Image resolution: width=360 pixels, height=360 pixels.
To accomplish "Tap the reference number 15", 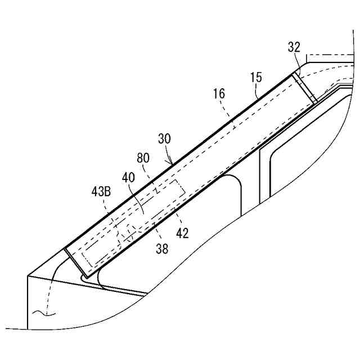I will [256, 78].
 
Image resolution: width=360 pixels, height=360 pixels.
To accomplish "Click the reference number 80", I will [143, 159].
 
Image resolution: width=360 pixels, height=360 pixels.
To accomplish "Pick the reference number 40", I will [129, 177].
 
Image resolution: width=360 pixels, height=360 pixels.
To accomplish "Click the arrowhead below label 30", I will [171, 162].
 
